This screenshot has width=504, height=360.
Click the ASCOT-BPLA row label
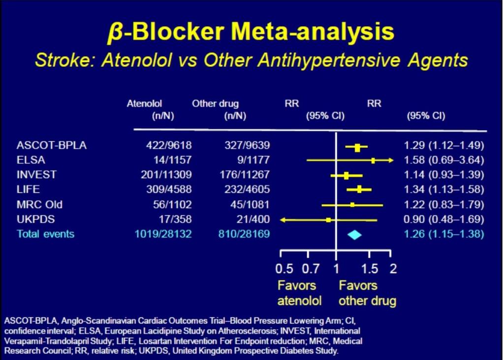pyautogui.click(x=51, y=145)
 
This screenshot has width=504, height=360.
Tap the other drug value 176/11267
pyautogui.click(x=245, y=175)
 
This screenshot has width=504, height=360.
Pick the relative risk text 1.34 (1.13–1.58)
pyautogui.click(x=444, y=189)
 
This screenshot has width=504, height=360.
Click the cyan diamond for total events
pyautogui.click(x=354, y=235)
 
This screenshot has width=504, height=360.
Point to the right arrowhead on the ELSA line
pyautogui.click(x=391, y=160)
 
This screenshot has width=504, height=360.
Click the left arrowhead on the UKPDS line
pyautogui.click(x=283, y=220)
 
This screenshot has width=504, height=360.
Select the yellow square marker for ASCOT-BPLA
pyautogui.click(x=357, y=148)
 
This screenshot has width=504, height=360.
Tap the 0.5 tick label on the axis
pyautogui.click(x=284, y=268)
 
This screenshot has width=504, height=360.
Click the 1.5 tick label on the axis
pyautogui.click(x=370, y=268)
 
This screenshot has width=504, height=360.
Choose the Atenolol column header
pyautogui.click(x=144, y=103)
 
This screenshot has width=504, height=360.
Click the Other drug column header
pyautogui.click(x=216, y=103)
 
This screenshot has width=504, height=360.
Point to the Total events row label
pyautogui.click(x=45, y=234)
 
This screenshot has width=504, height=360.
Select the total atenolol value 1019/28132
pyautogui.click(x=163, y=234)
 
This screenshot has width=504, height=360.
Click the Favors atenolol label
pyautogui.click(x=299, y=293)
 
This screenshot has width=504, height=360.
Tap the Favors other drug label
pyautogui.click(x=367, y=293)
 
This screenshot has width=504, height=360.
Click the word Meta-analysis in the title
pyautogui.click(x=313, y=32)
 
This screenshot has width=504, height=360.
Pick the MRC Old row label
pyautogui.click(x=39, y=204)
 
